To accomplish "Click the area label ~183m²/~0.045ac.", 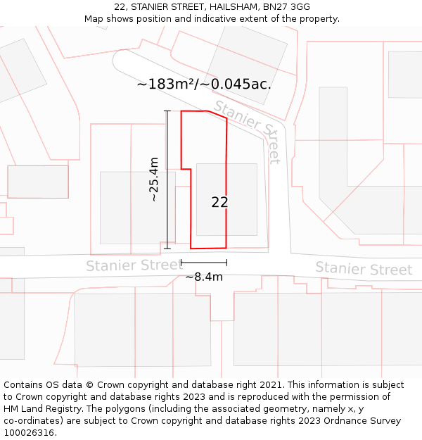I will coord(204,84).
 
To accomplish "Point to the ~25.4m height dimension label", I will coord(153,180).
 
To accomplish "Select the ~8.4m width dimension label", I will coord(204,277).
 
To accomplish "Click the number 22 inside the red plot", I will coord(219,202).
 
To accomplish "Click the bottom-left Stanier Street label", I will coord(134,265).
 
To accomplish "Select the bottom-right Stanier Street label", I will coord(363,268).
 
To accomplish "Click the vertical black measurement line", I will coord(167,211).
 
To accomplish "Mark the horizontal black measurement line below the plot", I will coord(203,262).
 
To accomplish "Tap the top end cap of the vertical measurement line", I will coord(167,111).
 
